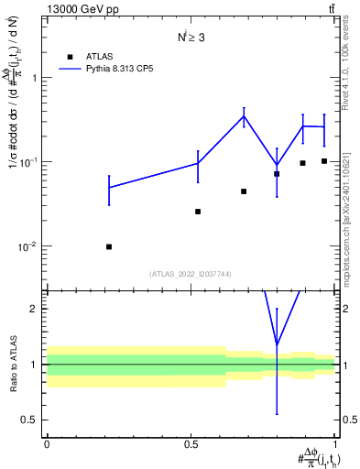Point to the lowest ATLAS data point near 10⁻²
109,246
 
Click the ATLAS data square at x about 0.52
198,212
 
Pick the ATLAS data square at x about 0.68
244,191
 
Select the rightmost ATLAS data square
324,161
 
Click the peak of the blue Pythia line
244,115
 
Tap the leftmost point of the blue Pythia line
109,188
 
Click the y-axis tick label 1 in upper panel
36,78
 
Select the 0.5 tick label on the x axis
191,443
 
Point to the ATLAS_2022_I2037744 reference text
191,274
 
